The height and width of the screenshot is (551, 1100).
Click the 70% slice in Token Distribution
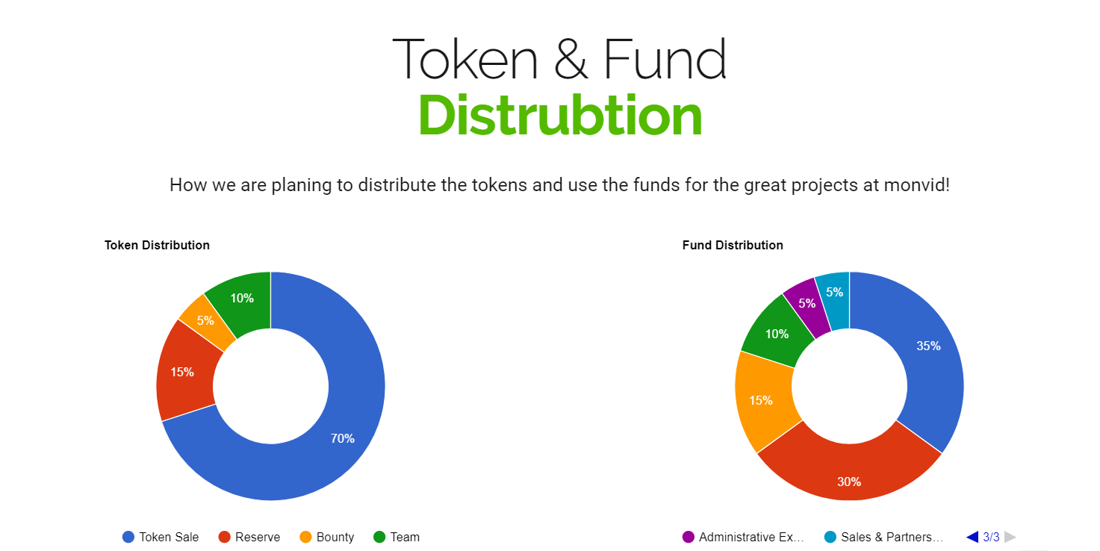pyautogui.click(x=344, y=432)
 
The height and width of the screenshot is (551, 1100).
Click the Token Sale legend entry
pyautogui.click(x=161, y=537)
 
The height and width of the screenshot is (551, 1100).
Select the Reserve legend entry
pyautogui.click(x=249, y=537)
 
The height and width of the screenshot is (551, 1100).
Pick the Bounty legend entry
pyautogui.click(x=327, y=537)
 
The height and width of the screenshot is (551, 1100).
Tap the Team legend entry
pyautogui.click(x=397, y=537)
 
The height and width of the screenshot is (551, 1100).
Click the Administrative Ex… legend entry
pyautogui.click(x=743, y=537)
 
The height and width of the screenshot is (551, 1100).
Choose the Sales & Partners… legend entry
pyautogui.click(x=884, y=537)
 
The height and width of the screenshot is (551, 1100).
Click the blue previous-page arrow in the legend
pyautogui.click(x=972, y=537)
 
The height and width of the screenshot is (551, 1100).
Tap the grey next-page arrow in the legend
pyautogui.click(x=1010, y=537)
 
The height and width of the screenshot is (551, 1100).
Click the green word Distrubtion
pyautogui.click(x=560, y=115)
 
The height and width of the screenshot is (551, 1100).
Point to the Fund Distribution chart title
pyautogui.click(x=733, y=245)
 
